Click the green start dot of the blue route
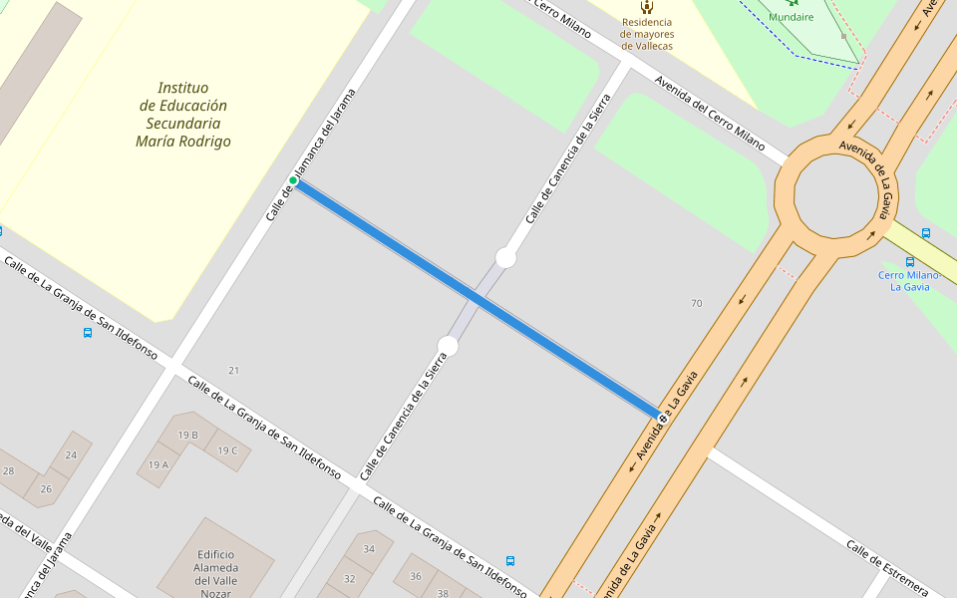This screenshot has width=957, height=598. tap(293, 180)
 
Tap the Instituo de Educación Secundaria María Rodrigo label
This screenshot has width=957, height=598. tap(183, 115)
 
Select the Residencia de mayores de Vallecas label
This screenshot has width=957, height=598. tap(646, 34)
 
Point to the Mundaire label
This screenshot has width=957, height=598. tap(791, 17)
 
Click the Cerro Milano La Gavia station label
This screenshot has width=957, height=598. tap(909, 280)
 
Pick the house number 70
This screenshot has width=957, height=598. tap(696, 303)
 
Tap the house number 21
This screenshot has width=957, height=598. tap(233, 371)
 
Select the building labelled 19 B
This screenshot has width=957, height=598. tap(187, 435)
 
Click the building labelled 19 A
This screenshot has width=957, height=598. tap(159, 464)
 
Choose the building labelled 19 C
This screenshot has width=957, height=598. tap(227, 450)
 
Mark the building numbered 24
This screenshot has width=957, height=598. tap(71, 454)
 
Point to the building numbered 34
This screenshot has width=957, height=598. tap(369, 549)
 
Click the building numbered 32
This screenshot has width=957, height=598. tap(349, 578)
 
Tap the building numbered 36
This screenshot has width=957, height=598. tap(416, 576)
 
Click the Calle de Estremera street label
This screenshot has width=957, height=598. tap(886, 567)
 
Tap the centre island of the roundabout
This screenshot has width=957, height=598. tap(836, 193)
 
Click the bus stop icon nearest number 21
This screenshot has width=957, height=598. tap(88, 333)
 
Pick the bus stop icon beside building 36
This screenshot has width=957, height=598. tap(510, 561)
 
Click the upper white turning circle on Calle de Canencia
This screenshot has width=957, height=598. tap(505, 258)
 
